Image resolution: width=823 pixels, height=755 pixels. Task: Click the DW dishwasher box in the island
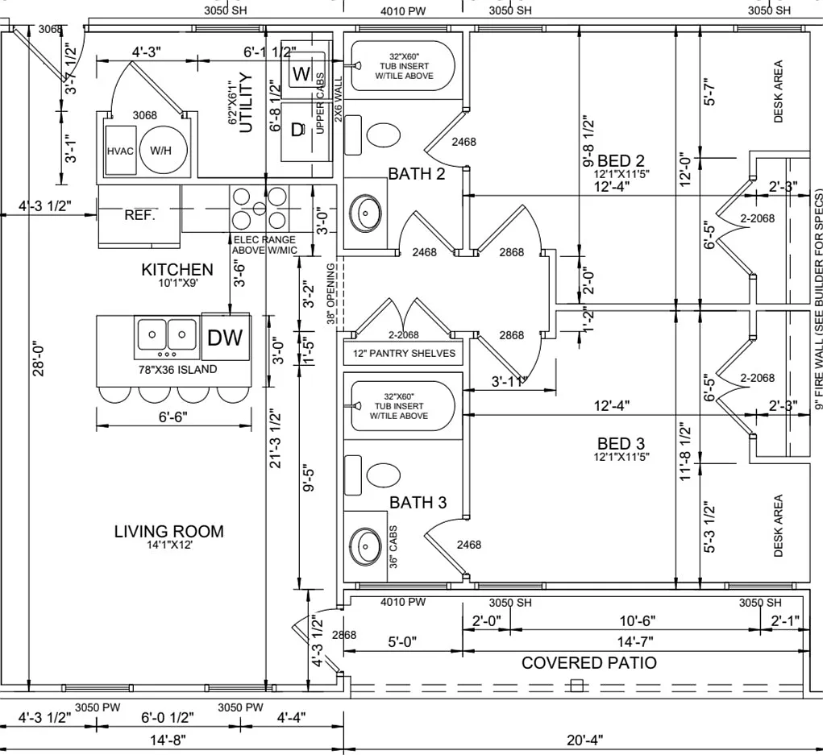[226, 337]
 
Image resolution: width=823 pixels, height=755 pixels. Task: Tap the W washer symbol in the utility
[301, 73]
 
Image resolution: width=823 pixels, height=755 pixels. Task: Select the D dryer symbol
[297, 130]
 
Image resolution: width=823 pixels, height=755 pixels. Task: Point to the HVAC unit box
[121, 151]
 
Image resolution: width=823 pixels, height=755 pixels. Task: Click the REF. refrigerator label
[139, 215]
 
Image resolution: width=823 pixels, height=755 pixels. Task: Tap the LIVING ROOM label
[169, 532]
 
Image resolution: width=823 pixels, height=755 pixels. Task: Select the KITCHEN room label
[177, 270]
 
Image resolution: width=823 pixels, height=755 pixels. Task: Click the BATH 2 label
[417, 174]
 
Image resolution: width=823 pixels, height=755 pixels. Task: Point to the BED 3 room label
[621, 443]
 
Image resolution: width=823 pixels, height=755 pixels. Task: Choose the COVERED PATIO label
[589, 662]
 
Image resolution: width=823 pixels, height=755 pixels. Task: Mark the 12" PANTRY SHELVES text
[404, 353]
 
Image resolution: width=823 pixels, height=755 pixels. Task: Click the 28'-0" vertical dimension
[38, 360]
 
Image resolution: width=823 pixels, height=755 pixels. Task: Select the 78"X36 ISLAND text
[177, 369]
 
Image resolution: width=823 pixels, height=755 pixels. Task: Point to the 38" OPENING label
[330, 293]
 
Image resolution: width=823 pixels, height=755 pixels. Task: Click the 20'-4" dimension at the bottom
[584, 740]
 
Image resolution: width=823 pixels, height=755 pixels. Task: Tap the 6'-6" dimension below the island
[173, 417]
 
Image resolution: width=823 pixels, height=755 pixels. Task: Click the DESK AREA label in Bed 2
[778, 91]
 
